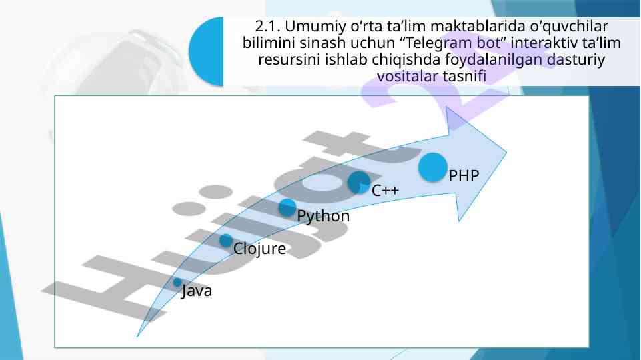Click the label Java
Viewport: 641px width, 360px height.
click(x=197, y=291)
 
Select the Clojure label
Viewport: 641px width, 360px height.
click(x=259, y=249)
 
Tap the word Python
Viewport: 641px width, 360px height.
click(x=323, y=216)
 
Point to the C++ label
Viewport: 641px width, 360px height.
click(x=385, y=191)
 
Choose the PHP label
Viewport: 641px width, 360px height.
click(x=464, y=176)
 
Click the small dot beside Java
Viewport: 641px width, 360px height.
click(x=177, y=283)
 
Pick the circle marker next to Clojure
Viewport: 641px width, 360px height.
click(x=226, y=241)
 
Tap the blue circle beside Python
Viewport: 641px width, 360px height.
click(x=287, y=207)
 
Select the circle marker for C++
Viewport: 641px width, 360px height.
click(x=359, y=182)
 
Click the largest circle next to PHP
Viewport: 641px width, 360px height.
click(x=432, y=167)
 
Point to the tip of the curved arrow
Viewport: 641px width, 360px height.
click(x=506, y=153)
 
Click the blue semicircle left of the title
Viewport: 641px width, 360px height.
click(x=207, y=52)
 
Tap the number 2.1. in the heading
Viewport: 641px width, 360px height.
click(x=269, y=26)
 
